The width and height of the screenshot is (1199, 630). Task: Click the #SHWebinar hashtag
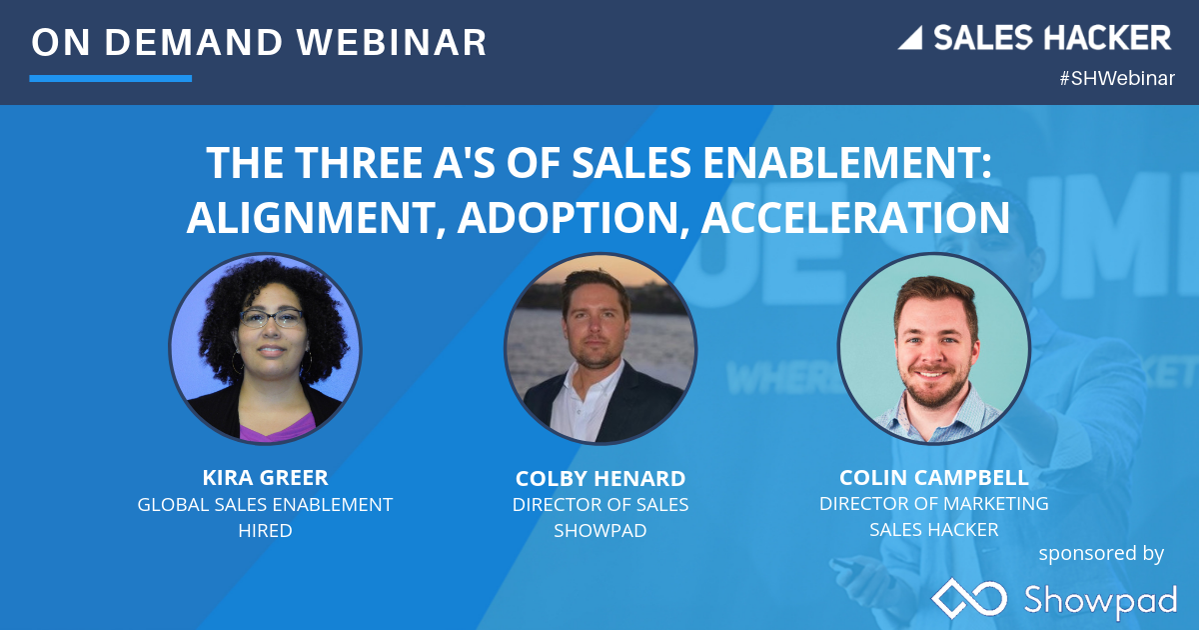(x=1117, y=79)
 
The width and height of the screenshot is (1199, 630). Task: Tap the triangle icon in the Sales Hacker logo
(x=910, y=39)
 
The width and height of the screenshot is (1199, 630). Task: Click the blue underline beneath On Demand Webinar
(x=110, y=78)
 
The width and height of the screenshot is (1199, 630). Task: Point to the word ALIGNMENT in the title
(x=308, y=217)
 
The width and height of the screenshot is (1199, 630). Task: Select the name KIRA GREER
(x=265, y=478)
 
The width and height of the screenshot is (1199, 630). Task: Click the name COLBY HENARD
(x=599, y=479)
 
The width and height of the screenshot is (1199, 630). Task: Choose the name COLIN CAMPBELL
(x=933, y=477)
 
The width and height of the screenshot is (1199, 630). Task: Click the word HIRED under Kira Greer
(x=265, y=531)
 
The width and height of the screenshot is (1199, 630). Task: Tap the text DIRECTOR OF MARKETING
(x=933, y=504)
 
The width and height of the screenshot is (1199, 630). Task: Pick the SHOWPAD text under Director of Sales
(x=599, y=531)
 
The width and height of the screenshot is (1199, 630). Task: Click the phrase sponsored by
(x=1101, y=553)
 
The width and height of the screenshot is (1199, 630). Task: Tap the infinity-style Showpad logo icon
(x=968, y=598)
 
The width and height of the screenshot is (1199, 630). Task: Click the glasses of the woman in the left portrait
(x=270, y=319)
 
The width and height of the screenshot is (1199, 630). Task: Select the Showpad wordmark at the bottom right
(x=1099, y=599)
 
